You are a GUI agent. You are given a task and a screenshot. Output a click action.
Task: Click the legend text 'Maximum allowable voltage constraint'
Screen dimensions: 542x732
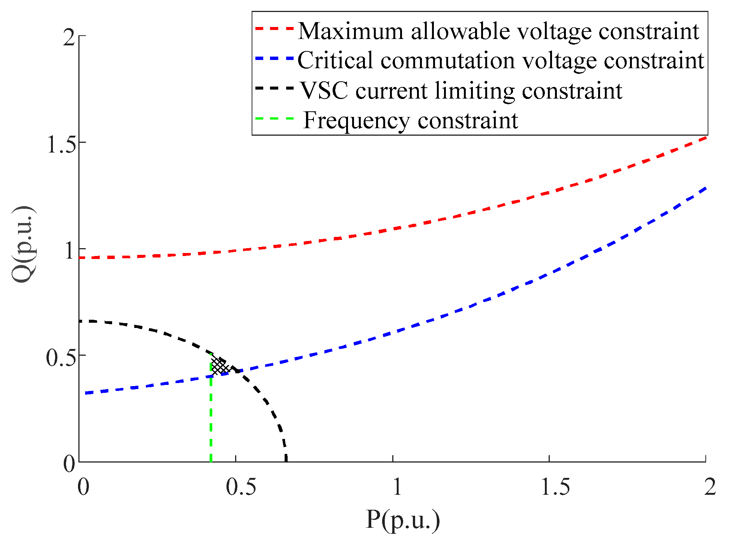[498, 31]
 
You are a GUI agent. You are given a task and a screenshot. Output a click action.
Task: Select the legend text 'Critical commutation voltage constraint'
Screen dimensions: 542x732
[501, 60]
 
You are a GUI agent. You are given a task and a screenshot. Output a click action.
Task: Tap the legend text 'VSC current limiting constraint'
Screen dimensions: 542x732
[461, 91]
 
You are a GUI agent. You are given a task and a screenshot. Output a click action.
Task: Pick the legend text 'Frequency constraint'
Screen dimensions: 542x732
[411, 120]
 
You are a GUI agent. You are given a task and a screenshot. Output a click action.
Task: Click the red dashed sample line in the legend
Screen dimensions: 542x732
[274, 28]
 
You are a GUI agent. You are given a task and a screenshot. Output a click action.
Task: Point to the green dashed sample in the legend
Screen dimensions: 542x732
[274, 118]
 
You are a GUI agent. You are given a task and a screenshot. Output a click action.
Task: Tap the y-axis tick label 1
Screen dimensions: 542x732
[69, 250]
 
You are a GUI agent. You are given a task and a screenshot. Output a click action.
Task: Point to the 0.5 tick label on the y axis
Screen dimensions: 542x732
[60, 357]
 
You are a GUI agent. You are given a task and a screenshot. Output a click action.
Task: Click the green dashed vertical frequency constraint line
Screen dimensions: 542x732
[211, 420]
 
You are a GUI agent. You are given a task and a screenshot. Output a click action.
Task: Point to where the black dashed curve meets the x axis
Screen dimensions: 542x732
[286, 460]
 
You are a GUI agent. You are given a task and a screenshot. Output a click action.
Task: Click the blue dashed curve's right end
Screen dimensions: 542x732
[705, 188]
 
